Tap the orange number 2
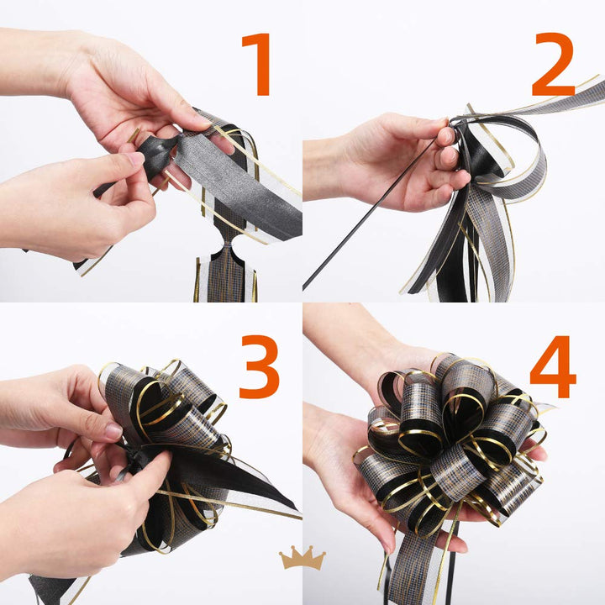coord(553,64)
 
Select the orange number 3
coord(259,366)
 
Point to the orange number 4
coord(553,366)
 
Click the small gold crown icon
coord(302,558)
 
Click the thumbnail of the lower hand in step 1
coord(135,158)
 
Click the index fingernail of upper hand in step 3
coord(113,431)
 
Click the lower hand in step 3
coord(77,517)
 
